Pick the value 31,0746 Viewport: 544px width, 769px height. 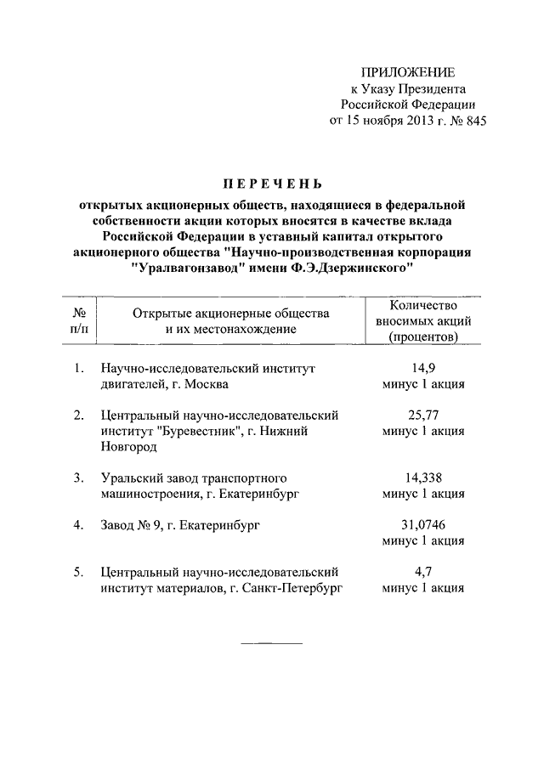(x=423, y=525)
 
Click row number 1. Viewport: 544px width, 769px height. (x=78, y=368)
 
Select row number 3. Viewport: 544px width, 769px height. (x=78, y=478)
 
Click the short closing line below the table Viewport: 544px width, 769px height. (x=272, y=642)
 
